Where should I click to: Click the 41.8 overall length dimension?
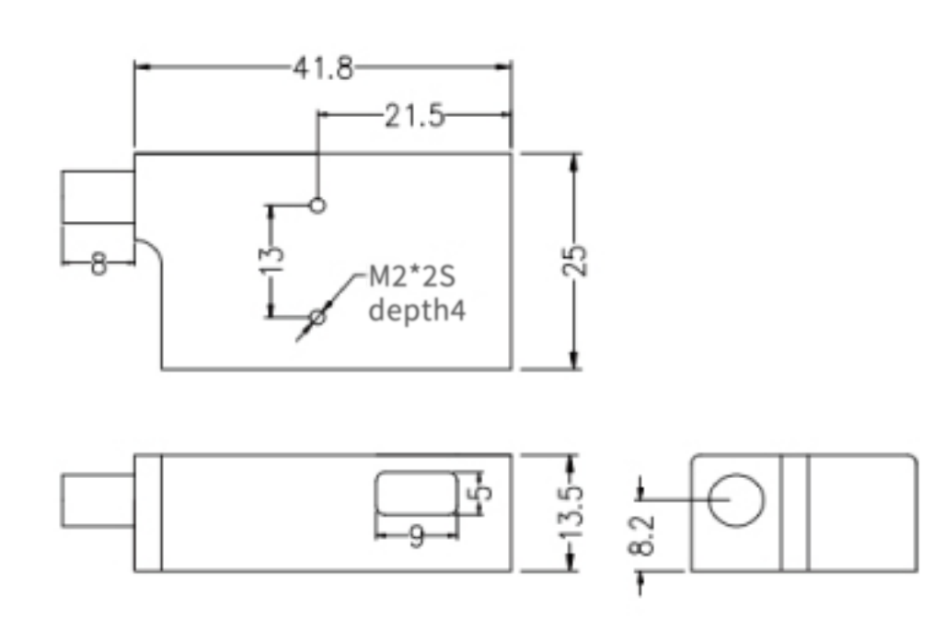tap(323, 69)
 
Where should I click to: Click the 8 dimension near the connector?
tap(98, 264)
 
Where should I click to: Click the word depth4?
tap(417, 309)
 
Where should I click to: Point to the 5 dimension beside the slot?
tap(479, 489)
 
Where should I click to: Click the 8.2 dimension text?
tap(643, 535)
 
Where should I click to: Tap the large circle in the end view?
tap(737, 501)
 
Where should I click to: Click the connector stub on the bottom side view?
tap(98, 501)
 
